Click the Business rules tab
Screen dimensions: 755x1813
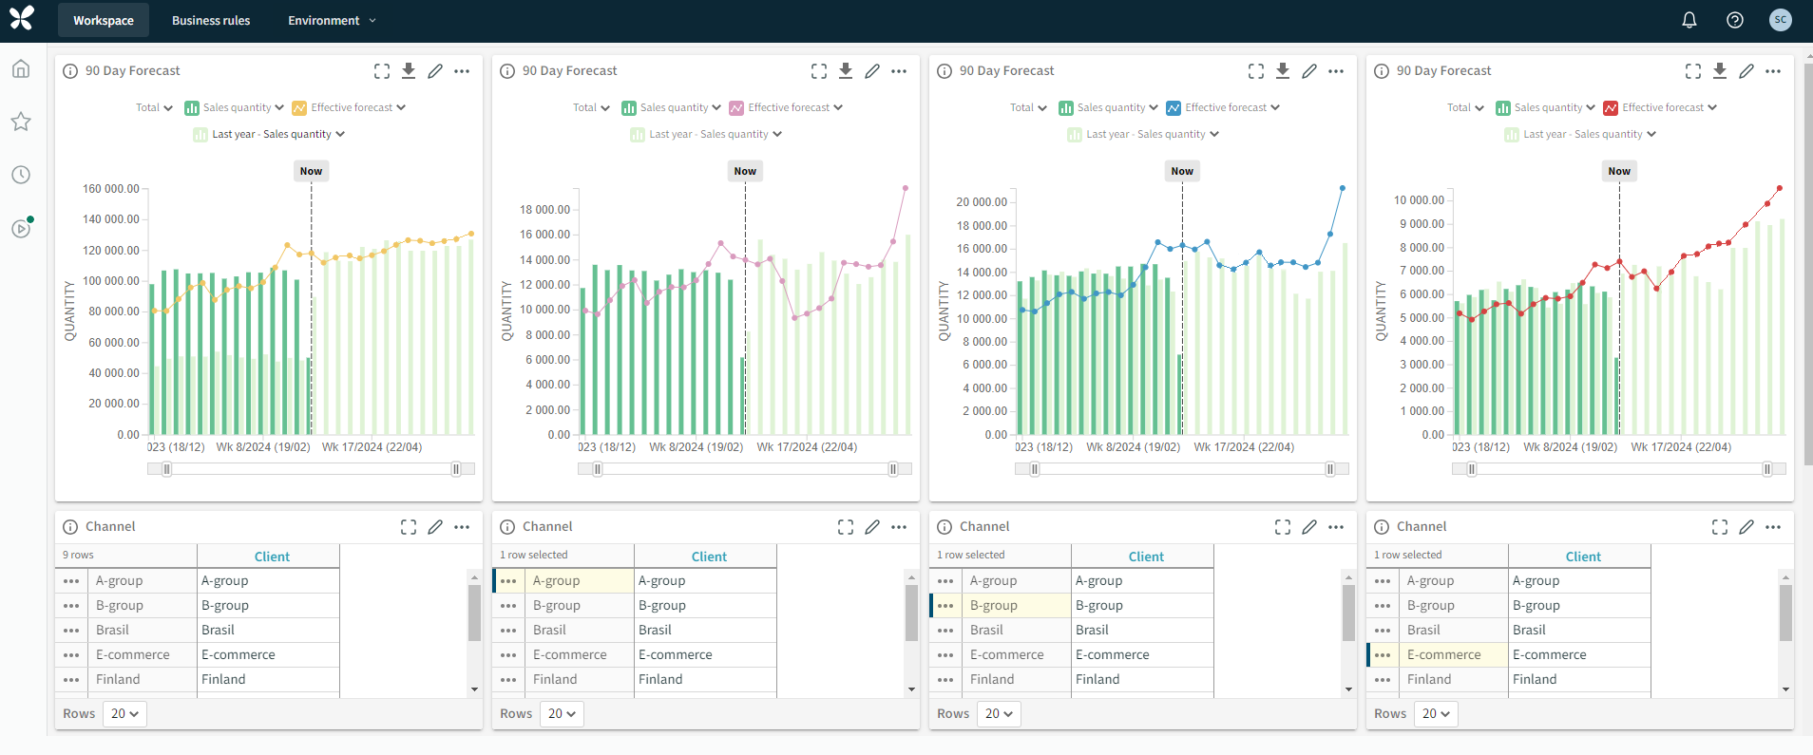coord(211,20)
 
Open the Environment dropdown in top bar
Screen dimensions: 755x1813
coord(332,20)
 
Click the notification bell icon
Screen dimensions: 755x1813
coord(1689,20)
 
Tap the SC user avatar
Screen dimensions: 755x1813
coord(1780,20)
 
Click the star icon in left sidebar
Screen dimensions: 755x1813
coord(21,122)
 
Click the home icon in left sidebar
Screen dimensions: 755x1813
coord(21,69)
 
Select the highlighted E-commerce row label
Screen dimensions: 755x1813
coord(1443,654)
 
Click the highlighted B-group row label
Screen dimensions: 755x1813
coord(993,605)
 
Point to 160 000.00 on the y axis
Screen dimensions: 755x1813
coord(111,189)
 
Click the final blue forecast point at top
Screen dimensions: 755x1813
coord(1343,188)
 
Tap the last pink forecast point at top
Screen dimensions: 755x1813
coord(906,188)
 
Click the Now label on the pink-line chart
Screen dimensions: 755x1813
coord(745,171)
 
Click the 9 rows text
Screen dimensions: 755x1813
coord(78,555)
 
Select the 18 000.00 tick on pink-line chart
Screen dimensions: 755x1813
coord(545,210)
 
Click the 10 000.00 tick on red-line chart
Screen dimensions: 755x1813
coord(1419,200)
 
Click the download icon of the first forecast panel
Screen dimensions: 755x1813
coord(409,70)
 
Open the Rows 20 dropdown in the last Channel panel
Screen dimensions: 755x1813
coord(1435,713)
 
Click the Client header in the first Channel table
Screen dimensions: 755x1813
coord(272,557)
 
